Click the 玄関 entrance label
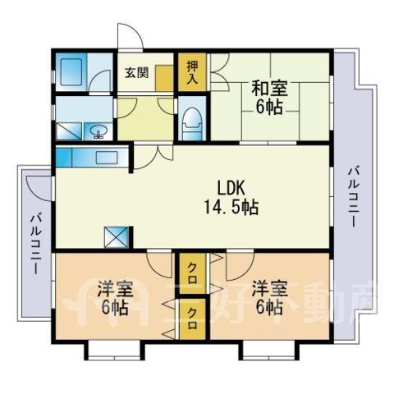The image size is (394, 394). pyautogui.click(x=137, y=73)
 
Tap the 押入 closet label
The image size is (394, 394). pyautogui.click(x=192, y=72)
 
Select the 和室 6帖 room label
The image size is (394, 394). pyautogui.click(x=269, y=98)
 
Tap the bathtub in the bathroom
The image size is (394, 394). pyautogui.click(x=71, y=72)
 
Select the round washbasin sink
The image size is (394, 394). pyautogui.click(x=98, y=131)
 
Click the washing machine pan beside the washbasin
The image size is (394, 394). pyautogui.click(x=69, y=131)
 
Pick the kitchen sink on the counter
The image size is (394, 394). pyautogui.click(x=107, y=158)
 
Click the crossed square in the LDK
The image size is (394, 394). pyautogui.click(x=117, y=237)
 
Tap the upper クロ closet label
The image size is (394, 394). pyautogui.click(x=192, y=273)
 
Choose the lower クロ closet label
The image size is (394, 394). pyautogui.click(x=192, y=318)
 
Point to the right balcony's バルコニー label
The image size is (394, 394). pyautogui.click(x=353, y=198)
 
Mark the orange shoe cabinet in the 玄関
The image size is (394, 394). pyautogui.click(x=164, y=78)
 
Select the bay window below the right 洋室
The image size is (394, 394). pyautogui.click(x=268, y=350)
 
